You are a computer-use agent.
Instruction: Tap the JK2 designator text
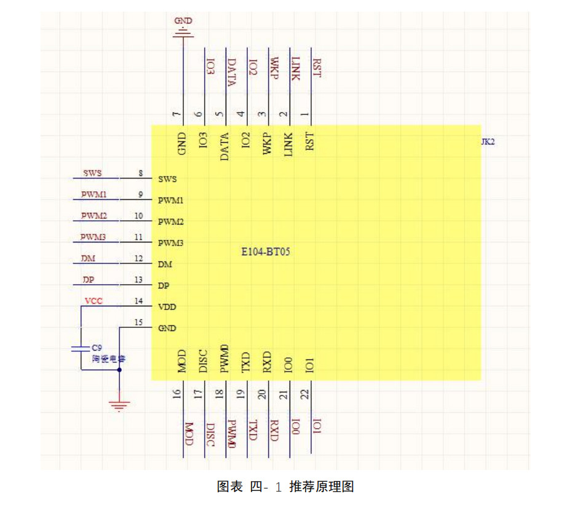coord(488,142)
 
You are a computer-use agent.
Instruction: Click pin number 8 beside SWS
coord(141,173)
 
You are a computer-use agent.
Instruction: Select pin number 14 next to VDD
coord(138,301)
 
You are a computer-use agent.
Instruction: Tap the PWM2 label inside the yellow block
coord(170,221)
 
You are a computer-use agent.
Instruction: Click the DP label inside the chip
coord(164,285)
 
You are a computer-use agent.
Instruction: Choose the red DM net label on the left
coord(88,259)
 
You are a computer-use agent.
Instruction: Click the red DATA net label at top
coord(232,73)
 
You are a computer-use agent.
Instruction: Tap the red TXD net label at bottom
coord(253,431)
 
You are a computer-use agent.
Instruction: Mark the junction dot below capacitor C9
coord(119,370)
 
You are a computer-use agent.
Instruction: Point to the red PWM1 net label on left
coord(93,194)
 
